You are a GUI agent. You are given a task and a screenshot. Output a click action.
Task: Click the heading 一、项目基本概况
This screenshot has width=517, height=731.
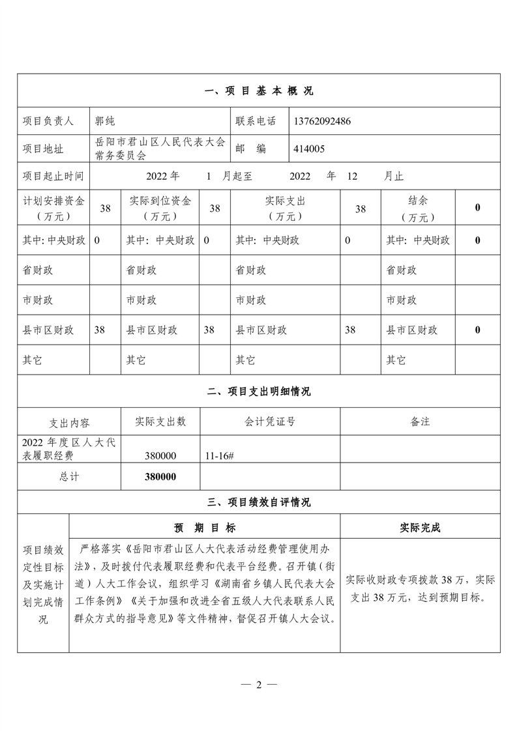click(x=259, y=91)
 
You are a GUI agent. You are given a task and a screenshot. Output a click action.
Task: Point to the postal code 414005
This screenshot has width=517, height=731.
click(x=310, y=149)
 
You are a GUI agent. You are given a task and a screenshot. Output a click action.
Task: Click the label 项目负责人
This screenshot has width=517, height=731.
click(x=48, y=121)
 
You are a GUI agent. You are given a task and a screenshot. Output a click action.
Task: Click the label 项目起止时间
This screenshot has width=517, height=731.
click(x=53, y=177)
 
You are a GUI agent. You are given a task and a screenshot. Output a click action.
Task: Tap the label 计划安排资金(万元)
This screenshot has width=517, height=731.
click(x=53, y=208)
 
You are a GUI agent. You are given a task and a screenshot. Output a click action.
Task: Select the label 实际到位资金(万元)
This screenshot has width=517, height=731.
click(x=160, y=208)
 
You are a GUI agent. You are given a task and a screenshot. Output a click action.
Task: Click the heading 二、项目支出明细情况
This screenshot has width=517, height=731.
click(x=259, y=392)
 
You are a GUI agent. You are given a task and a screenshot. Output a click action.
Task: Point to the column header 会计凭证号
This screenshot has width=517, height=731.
click(x=270, y=422)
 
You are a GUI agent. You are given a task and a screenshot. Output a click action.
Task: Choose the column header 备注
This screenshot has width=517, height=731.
click(x=420, y=422)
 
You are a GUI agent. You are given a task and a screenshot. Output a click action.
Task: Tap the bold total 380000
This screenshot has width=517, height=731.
click(x=160, y=477)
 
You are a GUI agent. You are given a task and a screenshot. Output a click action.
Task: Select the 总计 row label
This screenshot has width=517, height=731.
click(x=68, y=477)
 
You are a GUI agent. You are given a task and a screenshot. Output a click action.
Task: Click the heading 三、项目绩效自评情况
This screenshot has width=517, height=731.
click(x=259, y=502)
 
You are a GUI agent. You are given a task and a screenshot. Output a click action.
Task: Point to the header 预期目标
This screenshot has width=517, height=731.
click(x=205, y=528)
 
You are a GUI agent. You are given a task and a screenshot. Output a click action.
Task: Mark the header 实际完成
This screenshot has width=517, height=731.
click(x=420, y=528)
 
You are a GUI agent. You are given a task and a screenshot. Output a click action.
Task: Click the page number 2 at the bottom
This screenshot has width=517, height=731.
click(x=259, y=685)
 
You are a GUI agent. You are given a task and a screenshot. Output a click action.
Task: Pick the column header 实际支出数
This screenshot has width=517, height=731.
click(x=160, y=422)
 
